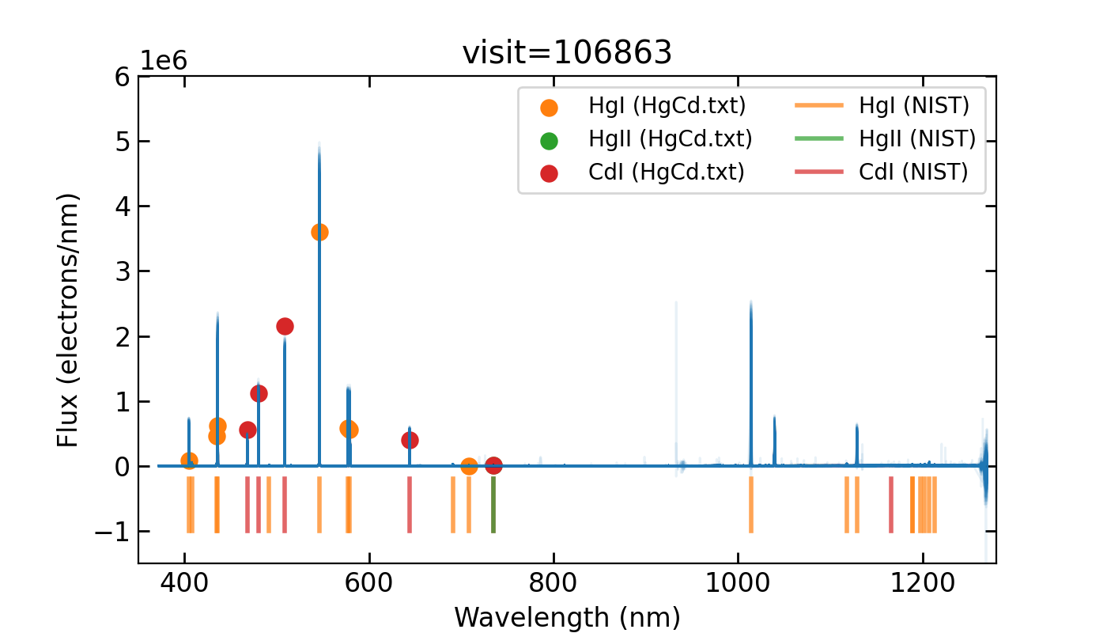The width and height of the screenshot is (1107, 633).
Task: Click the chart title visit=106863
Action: tap(567, 53)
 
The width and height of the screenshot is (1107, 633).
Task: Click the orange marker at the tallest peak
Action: tap(319, 232)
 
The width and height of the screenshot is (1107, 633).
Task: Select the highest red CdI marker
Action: tap(285, 326)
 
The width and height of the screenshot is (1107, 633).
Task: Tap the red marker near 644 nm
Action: tap(410, 440)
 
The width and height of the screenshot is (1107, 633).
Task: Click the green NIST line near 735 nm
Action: tap(493, 505)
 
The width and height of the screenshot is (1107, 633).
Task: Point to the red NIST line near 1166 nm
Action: tap(891, 505)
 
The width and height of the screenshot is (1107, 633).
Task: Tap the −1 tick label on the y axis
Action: tap(111, 532)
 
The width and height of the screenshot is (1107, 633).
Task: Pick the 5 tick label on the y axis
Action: tap(121, 142)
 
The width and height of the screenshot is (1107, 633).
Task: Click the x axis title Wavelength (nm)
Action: tap(567, 616)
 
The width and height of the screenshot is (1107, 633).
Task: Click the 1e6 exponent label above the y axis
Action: tap(164, 61)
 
